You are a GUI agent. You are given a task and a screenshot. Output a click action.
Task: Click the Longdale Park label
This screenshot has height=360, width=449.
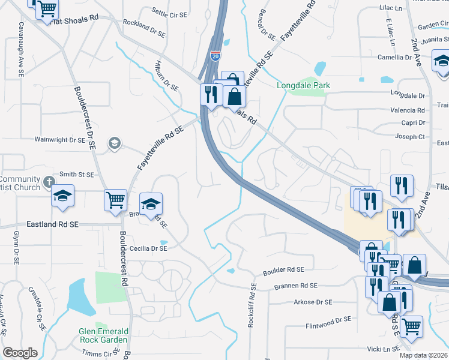(x=303, y=86)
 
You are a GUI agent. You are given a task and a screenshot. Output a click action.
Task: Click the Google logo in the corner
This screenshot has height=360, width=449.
(x=20, y=353)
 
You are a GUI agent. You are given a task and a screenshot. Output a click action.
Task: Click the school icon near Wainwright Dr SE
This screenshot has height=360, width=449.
(x=113, y=143)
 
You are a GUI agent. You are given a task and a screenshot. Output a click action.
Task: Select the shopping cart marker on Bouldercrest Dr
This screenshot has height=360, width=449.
(x=116, y=200)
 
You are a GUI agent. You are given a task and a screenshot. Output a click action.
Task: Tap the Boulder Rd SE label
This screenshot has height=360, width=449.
(x=284, y=270)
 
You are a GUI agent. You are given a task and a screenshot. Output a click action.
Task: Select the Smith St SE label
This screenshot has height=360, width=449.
(x=76, y=175)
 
